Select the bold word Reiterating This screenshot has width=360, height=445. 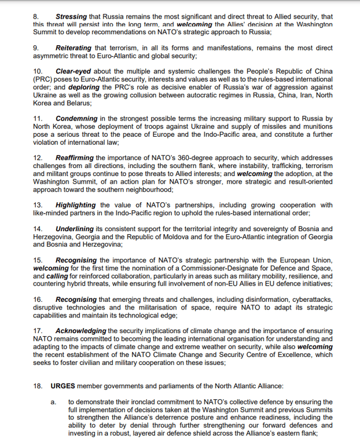[74, 48]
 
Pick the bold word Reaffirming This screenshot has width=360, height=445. [75, 157]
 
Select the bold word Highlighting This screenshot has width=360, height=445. [75, 205]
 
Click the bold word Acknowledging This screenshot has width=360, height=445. [80, 331]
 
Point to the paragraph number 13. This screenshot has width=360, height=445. [38, 205]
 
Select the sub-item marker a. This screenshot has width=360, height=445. [53, 401]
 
